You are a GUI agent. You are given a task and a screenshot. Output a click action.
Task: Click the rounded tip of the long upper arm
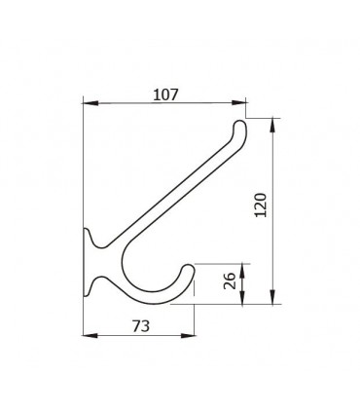pos(240,123)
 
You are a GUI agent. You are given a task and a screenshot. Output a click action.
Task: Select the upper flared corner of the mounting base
pos(88,231)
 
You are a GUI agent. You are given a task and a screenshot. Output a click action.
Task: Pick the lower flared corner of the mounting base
pos(88,291)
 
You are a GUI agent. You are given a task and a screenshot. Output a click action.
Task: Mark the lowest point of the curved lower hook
pos(161,303)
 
